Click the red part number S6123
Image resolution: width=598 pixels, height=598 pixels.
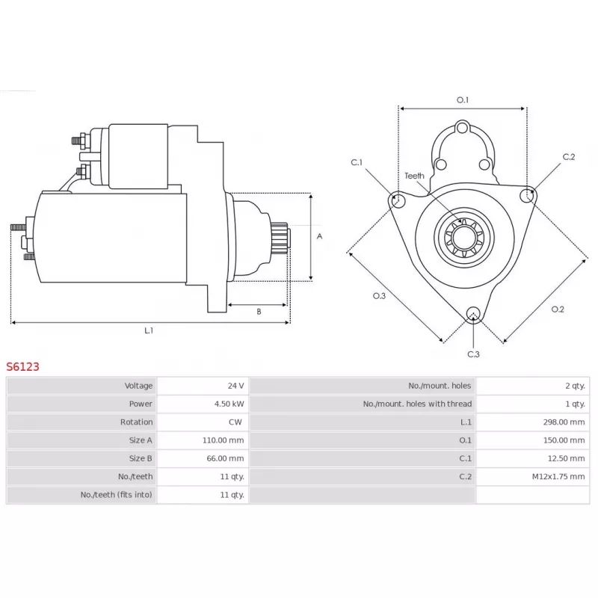coord(23,367)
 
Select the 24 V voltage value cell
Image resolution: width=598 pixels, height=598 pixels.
coord(203,386)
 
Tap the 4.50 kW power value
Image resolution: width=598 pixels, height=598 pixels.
coord(229,404)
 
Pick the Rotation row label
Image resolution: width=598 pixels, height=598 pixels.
coord(137,422)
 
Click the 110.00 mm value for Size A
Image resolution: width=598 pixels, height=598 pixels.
coord(223,440)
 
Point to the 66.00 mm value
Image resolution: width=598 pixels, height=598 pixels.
coord(226,458)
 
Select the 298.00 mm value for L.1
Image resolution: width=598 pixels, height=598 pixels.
coord(564,422)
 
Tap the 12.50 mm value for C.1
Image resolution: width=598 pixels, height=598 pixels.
coord(567,458)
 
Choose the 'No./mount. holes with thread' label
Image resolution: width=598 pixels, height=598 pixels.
coord(418,404)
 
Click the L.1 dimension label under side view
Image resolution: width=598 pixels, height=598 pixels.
coord(149,330)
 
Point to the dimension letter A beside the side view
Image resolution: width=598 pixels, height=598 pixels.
coord(320,236)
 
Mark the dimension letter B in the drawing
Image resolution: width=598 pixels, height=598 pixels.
coord(259,312)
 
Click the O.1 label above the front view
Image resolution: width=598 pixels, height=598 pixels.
coord(463,100)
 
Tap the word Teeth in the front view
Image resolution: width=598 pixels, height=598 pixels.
coord(415,176)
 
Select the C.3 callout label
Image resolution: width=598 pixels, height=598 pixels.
coord(473,354)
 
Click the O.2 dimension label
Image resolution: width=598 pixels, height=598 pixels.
coord(558,309)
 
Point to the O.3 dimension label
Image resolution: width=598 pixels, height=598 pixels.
coord(379,296)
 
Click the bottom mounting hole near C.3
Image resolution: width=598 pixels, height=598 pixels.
coord(473,313)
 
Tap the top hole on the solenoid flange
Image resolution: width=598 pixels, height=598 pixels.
coord(462,127)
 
